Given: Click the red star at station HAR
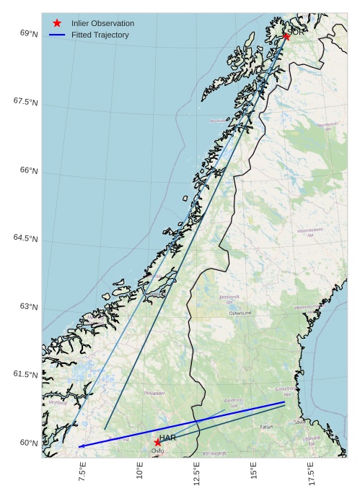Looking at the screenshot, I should [x=157, y=442].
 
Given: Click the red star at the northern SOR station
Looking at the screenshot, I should [x=286, y=35].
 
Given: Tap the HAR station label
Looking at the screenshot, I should [x=168, y=438].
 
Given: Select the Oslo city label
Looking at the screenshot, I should [x=157, y=451].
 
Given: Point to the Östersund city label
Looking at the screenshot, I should [x=240, y=313].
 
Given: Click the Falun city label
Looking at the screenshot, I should [x=267, y=427].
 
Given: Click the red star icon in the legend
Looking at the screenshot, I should [x=57, y=23].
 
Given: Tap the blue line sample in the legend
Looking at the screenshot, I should [x=57, y=35].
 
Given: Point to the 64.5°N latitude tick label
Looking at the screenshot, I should [x=25, y=238].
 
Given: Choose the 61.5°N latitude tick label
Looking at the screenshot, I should [x=25, y=374].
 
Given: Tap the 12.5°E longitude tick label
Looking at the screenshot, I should [x=196, y=475].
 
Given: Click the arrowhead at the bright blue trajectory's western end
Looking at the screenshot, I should [x=80, y=446].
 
